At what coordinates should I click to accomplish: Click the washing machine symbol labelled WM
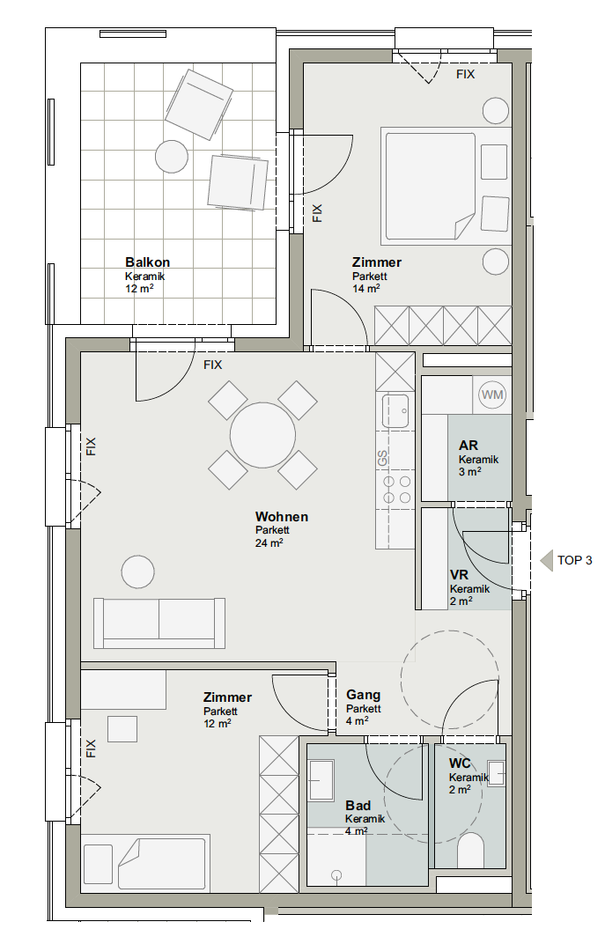[492, 395]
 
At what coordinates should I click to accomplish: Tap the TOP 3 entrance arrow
[546, 560]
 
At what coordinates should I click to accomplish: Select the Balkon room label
[147, 262]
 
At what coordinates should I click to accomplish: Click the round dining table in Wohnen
[262, 435]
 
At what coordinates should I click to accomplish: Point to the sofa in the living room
[159, 623]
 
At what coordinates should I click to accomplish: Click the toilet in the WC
[471, 850]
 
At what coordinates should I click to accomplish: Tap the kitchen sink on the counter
[395, 410]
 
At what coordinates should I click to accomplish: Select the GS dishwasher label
[382, 458]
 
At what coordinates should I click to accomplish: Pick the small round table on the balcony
[172, 157]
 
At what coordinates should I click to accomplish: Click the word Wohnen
[281, 517]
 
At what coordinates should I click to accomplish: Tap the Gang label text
[363, 695]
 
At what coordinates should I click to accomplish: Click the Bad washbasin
[321, 780]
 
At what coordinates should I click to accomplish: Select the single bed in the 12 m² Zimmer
[145, 863]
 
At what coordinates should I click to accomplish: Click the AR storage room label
[469, 446]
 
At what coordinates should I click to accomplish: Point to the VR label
[459, 575]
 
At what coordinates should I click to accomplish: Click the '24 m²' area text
[269, 543]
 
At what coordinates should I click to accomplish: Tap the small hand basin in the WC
[496, 774]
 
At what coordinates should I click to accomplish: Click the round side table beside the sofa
[138, 572]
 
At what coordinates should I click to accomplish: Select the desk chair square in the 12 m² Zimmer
[122, 729]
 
